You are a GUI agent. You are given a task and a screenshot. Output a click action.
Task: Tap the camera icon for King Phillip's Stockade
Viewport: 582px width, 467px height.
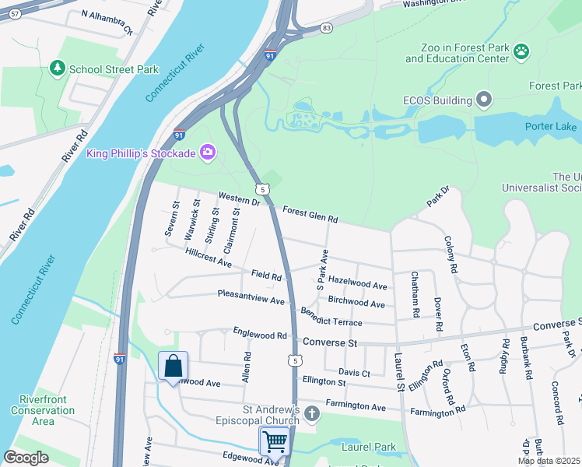pos(207,152)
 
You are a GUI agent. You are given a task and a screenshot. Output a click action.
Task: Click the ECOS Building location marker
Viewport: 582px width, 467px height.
pos(485,100)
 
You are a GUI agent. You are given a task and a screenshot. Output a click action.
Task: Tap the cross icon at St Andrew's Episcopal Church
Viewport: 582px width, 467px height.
pos(312,413)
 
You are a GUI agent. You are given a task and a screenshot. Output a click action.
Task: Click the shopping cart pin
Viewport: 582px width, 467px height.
pos(275,441)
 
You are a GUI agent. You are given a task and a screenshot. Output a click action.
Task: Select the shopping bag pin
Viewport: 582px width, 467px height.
pos(173,365)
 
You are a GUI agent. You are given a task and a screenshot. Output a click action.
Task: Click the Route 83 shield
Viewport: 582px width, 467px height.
pos(326,28)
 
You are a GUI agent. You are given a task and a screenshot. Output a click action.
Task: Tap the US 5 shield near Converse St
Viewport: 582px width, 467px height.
pos(293,360)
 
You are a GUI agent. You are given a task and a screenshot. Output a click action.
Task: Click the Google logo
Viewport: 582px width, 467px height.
pos(26,458)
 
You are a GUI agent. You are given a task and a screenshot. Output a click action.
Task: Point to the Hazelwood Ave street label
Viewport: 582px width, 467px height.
pos(357,283)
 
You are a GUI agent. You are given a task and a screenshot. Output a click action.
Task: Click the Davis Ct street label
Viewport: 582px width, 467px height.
pos(354,373)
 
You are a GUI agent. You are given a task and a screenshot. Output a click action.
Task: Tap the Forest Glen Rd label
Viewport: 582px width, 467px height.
pos(310,215)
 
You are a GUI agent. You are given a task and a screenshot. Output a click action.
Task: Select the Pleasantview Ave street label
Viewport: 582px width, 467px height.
pos(251,299)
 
